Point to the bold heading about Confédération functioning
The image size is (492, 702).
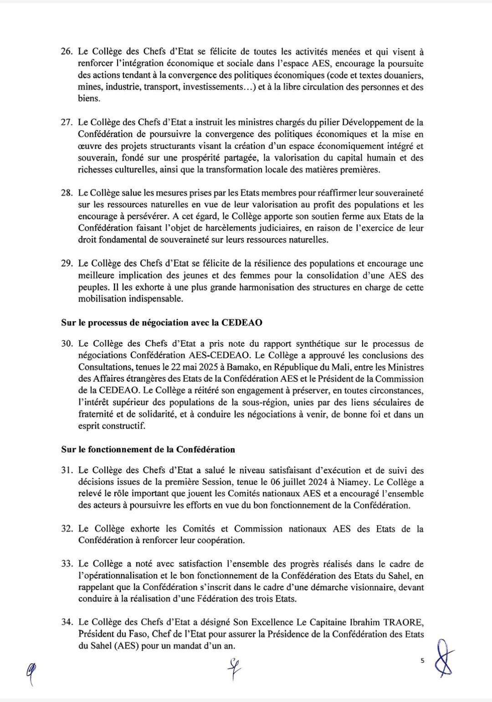click(x=148, y=449)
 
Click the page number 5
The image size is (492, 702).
click(x=422, y=660)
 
